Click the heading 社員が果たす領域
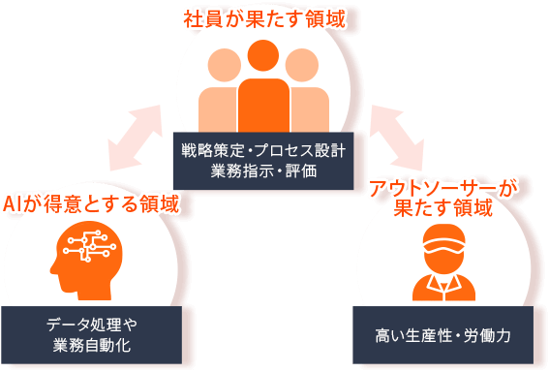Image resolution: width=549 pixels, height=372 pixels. click(262, 18)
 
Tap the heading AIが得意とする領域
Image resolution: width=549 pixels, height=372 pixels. click(91, 203)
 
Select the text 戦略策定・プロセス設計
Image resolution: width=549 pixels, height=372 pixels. click(262, 152)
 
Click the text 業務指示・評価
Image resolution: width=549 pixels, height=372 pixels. click(262, 172)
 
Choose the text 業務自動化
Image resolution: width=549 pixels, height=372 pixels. click(93, 344)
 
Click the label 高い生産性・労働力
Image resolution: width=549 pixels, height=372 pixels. click(442, 335)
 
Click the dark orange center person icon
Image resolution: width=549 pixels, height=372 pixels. click(262, 92)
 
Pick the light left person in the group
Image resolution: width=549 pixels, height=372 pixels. click(222, 92)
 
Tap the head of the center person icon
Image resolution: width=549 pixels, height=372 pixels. click(262, 57)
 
